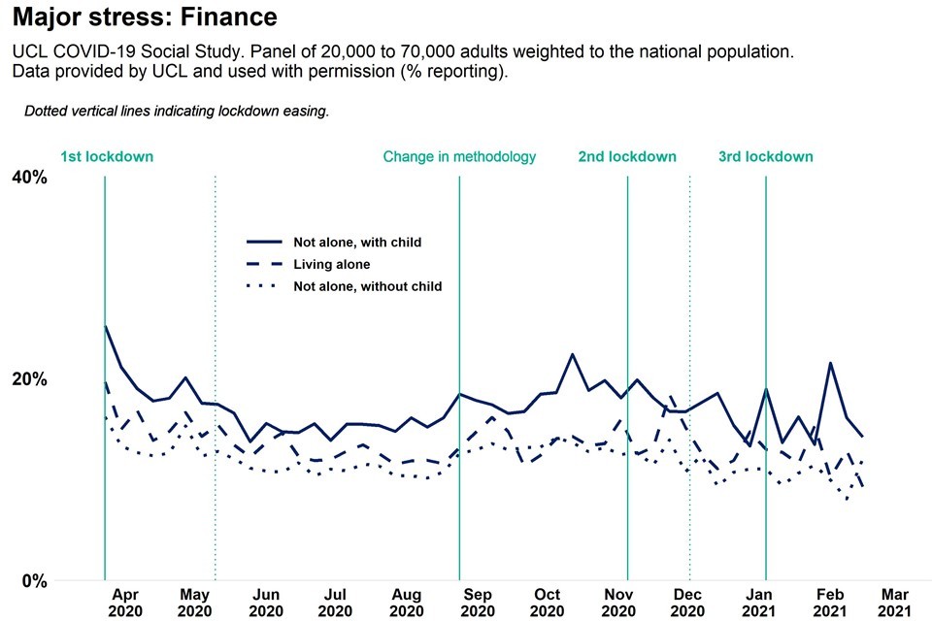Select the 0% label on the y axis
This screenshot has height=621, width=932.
click(x=33, y=581)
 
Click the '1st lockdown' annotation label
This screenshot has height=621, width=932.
click(x=107, y=156)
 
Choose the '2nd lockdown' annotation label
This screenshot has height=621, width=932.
click(x=627, y=156)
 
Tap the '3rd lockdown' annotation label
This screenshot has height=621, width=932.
click(x=766, y=156)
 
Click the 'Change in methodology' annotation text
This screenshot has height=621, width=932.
click(x=459, y=156)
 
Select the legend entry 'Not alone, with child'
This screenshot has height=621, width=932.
click(x=357, y=242)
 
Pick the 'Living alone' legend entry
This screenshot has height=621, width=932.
click(x=331, y=264)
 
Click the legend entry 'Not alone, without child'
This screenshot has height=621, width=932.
click(x=367, y=286)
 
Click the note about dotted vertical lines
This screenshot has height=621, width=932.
click(x=177, y=111)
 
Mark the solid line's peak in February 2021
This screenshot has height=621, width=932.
click(x=831, y=363)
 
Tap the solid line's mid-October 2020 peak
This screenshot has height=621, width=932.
click(x=572, y=354)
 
